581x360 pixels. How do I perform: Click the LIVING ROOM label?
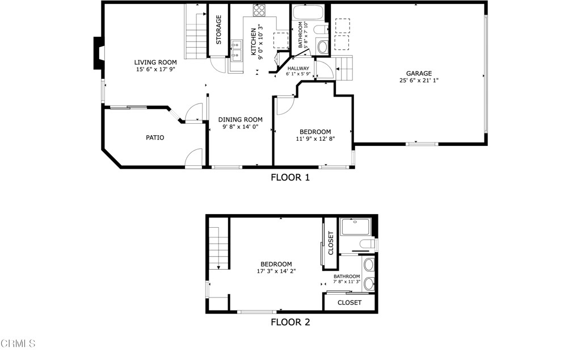155,62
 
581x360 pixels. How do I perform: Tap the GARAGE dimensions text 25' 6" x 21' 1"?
419,81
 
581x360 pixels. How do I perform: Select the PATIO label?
155,137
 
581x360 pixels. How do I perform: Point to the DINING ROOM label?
241,120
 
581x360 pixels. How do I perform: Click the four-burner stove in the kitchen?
259,10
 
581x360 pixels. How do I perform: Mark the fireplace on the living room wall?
99,53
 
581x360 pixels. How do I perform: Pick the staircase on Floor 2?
218,247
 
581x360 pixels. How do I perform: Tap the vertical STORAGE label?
219,30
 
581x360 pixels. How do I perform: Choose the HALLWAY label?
298,68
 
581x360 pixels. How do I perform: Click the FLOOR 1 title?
290,177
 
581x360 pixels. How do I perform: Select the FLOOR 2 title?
290,323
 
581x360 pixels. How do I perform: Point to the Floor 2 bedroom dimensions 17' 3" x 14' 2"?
276,271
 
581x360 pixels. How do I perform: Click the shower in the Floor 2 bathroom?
355,227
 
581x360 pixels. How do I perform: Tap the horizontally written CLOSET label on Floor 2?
349,303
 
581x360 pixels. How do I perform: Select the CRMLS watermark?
18,344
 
